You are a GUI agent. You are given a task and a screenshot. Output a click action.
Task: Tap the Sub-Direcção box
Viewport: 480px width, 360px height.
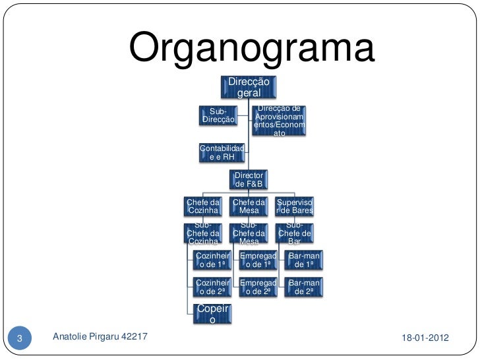(218, 115)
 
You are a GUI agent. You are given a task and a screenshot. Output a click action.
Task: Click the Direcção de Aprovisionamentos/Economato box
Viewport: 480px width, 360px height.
(280, 121)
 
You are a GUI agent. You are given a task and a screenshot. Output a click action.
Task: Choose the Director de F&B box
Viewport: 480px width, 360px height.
(249, 179)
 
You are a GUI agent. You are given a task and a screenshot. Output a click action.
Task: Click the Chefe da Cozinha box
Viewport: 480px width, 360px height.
(203, 206)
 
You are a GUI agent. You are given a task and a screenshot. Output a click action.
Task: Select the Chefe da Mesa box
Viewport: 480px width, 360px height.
(249, 206)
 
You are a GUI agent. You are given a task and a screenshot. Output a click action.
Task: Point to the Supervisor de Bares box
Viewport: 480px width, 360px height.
(295, 206)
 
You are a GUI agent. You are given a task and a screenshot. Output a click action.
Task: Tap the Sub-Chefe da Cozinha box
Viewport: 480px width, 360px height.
(203, 233)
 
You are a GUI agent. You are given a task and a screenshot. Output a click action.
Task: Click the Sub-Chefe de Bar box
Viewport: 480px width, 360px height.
(295, 233)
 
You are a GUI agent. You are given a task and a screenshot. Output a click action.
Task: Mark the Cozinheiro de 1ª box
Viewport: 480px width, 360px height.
(212, 260)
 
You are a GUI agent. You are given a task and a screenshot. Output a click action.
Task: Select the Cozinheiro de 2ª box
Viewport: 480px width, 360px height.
(212, 287)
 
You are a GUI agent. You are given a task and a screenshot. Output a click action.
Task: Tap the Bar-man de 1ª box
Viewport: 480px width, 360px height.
(304, 260)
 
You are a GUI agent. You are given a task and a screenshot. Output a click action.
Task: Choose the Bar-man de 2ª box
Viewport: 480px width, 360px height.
(304, 287)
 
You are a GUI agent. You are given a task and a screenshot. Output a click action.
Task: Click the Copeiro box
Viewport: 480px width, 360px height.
(212, 314)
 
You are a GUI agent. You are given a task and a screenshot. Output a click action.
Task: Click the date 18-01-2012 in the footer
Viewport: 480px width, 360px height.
(425, 338)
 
